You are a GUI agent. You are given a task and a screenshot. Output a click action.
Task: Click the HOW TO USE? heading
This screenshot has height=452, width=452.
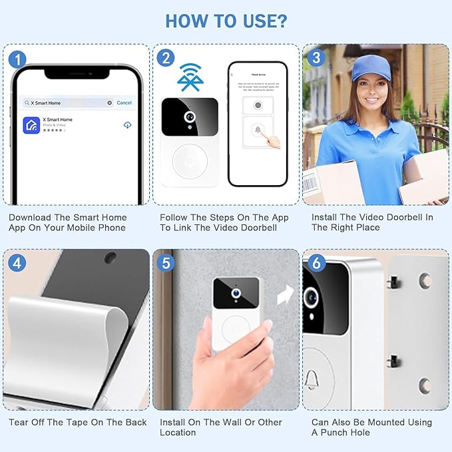(x=226, y=21)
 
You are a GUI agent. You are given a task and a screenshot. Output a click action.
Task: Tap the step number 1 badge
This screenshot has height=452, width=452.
(x=18, y=59)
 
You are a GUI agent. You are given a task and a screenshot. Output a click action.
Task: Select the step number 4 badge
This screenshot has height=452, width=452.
(x=18, y=262)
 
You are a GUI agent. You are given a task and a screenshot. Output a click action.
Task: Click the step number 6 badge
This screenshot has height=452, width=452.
(x=316, y=262)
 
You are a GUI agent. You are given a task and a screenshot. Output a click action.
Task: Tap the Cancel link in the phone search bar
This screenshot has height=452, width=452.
(x=124, y=103)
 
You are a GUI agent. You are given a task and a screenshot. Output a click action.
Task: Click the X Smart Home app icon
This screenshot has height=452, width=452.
(x=31, y=124)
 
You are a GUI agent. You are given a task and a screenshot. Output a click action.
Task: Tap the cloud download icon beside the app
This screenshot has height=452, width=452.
(x=127, y=124)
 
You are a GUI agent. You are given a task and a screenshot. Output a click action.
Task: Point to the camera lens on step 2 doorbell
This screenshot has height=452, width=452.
(x=190, y=116)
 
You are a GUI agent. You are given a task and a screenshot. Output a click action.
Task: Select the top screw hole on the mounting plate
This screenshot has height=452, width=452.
(x=424, y=281)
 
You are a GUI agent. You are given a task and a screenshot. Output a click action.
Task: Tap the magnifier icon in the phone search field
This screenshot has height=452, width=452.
(x=27, y=103)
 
